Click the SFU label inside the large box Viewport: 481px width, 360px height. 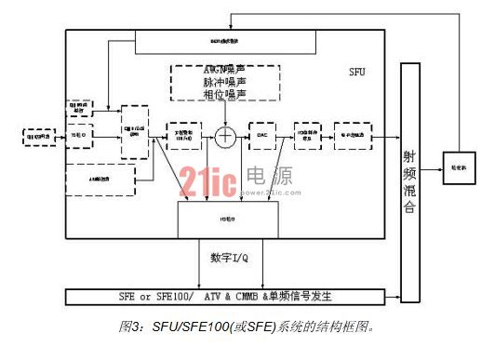(x=357, y=71)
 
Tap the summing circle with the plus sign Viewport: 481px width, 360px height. (x=224, y=136)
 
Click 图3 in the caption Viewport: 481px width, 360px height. (x=127, y=327)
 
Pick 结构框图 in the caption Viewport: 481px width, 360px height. (x=332, y=327)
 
